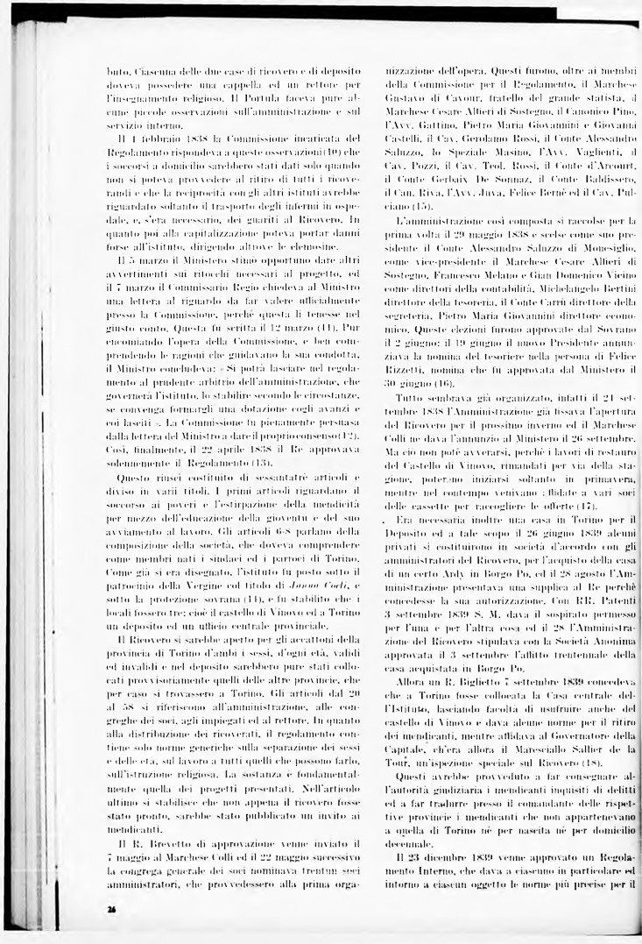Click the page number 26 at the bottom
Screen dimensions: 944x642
112,910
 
